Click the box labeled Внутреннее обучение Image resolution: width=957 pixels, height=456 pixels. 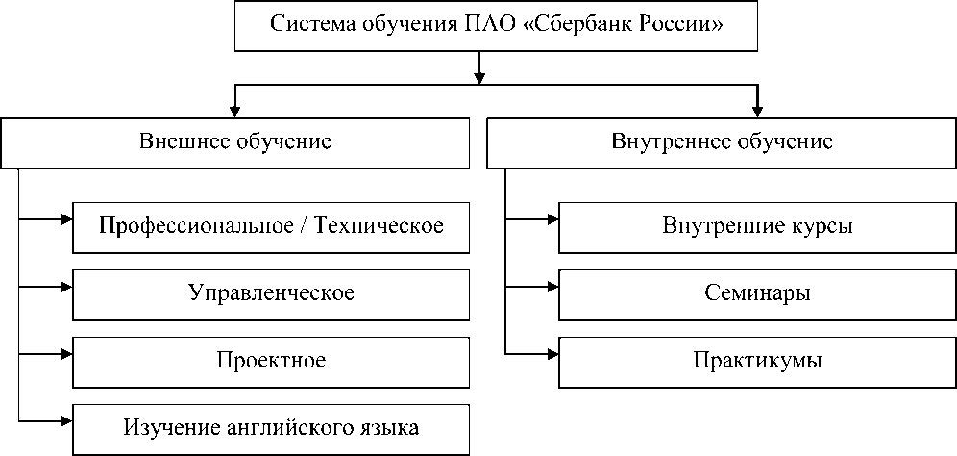721,141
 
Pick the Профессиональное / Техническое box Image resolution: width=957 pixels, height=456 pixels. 271,226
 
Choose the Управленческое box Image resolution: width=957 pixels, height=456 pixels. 271,292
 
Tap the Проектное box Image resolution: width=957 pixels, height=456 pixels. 271,360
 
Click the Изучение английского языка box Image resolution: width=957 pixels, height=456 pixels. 271,425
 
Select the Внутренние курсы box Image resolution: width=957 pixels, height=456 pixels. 757,226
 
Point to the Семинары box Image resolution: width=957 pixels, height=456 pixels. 757,292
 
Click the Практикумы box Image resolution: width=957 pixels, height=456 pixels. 757,360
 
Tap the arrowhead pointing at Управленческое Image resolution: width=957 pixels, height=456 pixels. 66,286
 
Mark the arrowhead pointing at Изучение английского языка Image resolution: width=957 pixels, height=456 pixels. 66,419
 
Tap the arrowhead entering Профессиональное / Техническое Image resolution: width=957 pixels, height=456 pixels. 66,219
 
